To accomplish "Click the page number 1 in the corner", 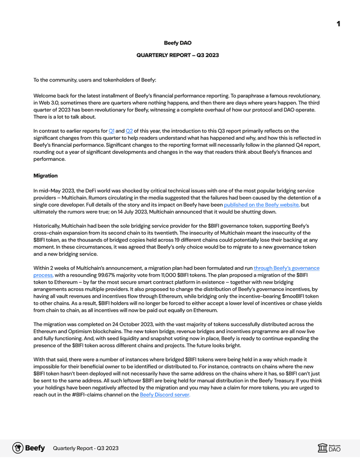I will click(x=338, y=24).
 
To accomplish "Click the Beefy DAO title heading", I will click(x=177, y=43).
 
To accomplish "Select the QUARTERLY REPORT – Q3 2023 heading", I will click(x=177, y=55).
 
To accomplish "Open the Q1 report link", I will click(x=111, y=130).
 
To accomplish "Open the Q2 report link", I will click(x=129, y=130).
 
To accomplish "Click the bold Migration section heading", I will click(x=45, y=176).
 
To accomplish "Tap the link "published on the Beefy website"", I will click(x=261, y=205).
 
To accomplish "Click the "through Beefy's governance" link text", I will click(x=286, y=268).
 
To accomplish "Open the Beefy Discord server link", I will click(x=165, y=395).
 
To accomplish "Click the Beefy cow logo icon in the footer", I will click(x=18, y=448).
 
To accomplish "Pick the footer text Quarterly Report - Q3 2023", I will click(x=85, y=448).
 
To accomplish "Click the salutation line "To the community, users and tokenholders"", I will click(x=94, y=80).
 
